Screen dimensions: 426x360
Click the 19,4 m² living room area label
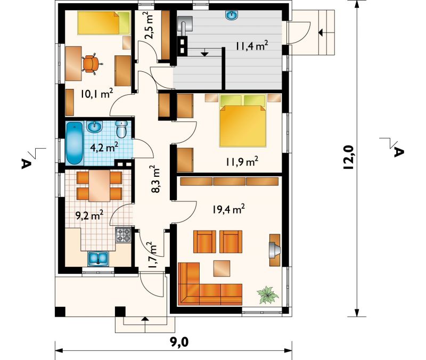click(x=228, y=209)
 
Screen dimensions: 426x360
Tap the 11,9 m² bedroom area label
click(x=242, y=162)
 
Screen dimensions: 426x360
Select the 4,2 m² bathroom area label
click(x=104, y=148)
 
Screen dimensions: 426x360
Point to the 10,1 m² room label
click(x=97, y=94)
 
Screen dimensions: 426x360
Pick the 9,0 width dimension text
click(x=179, y=342)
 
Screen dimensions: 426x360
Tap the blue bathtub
click(x=75, y=143)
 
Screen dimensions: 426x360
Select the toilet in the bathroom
click(x=122, y=129)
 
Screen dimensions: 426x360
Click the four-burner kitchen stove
click(x=124, y=235)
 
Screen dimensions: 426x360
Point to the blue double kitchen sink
click(x=98, y=259)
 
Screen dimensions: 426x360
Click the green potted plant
click(x=268, y=294)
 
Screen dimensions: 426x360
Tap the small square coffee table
click(x=222, y=269)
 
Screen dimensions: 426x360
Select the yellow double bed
click(x=242, y=121)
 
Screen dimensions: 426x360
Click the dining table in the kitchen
click(x=99, y=186)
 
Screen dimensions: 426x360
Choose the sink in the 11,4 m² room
click(x=232, y=15)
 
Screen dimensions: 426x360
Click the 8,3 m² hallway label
click(x=156, y=179)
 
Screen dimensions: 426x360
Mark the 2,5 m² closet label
click(x=148, y=26)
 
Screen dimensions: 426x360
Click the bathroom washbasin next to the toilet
click(x=95, y=127)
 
